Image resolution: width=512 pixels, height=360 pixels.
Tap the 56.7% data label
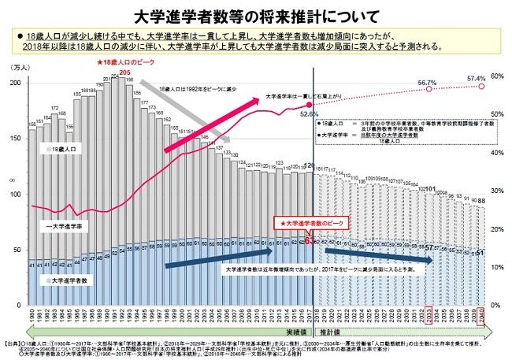pos(427,82)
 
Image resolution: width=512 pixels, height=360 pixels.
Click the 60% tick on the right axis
pos(497,76)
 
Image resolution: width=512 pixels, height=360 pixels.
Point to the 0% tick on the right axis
pos(495,305)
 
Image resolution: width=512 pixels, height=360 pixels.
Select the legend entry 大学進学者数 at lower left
pos(72,280)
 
